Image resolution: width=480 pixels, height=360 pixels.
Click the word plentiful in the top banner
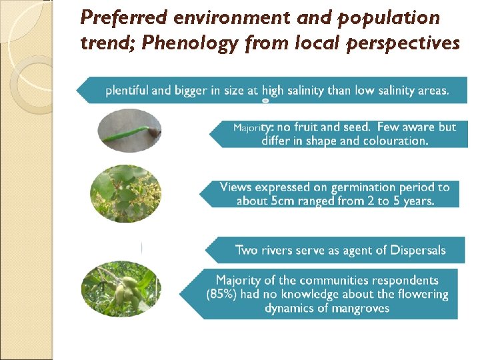pos(127,90)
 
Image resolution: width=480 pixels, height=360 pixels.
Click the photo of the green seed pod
pos(129,130)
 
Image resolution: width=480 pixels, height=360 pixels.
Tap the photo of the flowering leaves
pos(125,193)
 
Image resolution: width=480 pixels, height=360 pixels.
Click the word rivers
pos(278,250)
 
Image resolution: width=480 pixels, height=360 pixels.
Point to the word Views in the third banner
pos(236,187)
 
